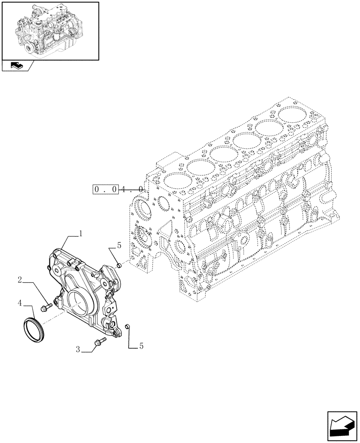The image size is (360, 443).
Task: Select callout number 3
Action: [78, 350]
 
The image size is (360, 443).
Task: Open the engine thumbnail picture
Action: [50, 30]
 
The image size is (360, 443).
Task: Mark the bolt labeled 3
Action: [99, 341]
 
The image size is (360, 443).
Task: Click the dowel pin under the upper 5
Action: [119, 265]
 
